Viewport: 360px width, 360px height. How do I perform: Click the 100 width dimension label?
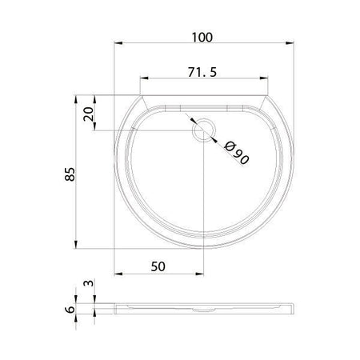click(202, 38)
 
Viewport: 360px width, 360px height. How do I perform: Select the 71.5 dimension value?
click(202, 72)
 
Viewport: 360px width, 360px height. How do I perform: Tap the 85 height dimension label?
click(70, 174)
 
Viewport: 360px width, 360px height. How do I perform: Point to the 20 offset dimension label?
click(88, 114)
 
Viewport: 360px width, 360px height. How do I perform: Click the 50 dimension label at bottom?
click(158, 266)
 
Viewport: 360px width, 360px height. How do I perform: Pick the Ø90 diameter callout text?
click(236, 153)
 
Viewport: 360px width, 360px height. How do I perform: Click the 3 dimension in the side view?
click(89, 283)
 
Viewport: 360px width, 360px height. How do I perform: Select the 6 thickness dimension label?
click(70, 310)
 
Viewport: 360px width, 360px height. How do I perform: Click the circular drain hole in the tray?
click(204, 130)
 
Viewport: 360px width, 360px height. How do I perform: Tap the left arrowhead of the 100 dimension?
click(118, 43)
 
